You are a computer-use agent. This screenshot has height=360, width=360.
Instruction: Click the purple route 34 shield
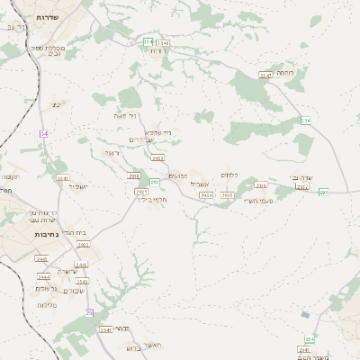tap(42, 133)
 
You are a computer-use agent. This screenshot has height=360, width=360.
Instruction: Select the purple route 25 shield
tap(89, 312)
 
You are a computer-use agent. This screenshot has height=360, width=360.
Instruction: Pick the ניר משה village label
tap(126, 116)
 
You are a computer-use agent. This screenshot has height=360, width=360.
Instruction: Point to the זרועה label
tap(111, 153)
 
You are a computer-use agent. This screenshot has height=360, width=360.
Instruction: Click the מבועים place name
tap(178, 176)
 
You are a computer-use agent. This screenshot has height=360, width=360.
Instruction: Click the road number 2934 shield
tap(206, 194)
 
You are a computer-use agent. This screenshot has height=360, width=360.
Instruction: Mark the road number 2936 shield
tap(261, 185)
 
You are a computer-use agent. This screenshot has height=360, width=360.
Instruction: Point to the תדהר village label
tap(128, 328)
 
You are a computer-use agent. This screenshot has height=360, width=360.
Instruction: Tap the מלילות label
tap(48, 304)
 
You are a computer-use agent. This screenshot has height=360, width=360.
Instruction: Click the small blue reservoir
tap(305, 315)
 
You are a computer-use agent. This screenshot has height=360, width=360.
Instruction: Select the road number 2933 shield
tap(84, 244)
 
